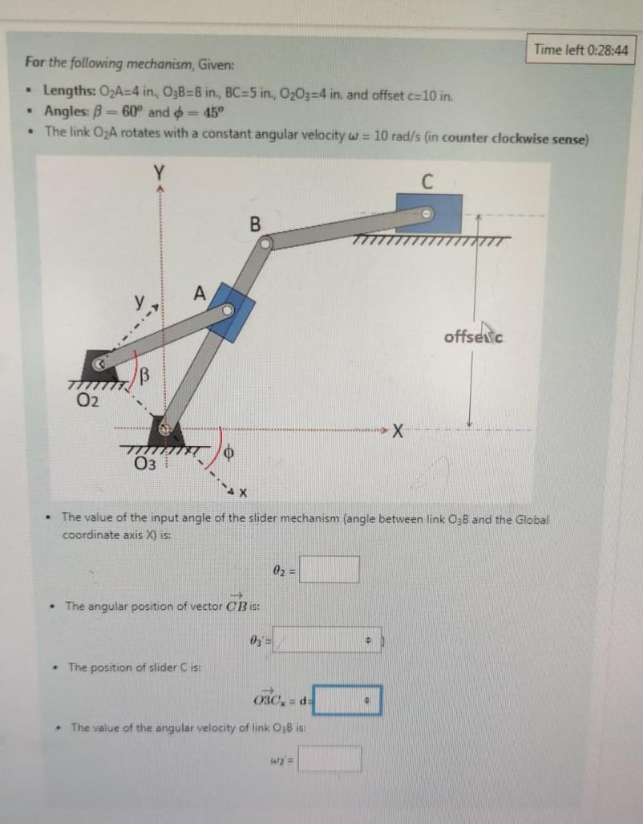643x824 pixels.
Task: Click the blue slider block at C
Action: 429,213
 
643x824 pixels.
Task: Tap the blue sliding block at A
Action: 230,311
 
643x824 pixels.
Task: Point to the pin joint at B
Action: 266,242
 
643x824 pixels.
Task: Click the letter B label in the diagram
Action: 255,223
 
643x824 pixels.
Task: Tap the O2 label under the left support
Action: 87,400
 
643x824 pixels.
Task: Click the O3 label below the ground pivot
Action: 144,462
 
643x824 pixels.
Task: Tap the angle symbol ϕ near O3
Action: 228,453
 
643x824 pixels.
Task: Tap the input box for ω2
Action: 330,758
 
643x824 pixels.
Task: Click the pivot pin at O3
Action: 164,429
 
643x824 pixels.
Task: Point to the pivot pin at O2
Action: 102,364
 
